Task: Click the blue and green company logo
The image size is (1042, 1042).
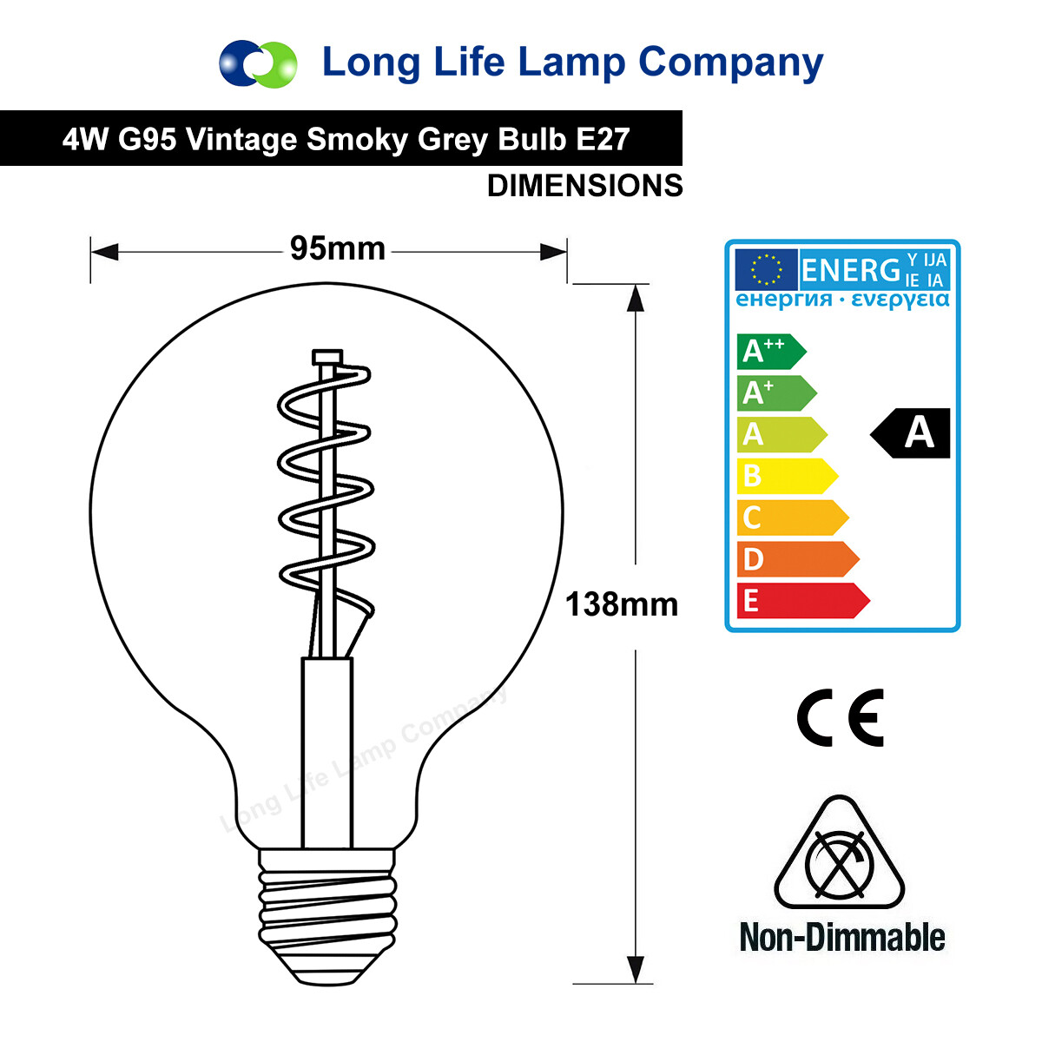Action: (x=258, y=63)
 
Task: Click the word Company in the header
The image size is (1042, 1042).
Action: (x=730, y=63)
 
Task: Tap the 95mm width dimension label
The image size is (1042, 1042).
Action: (x=338, y=249)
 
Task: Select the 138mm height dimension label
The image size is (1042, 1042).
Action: (x=622, y=604)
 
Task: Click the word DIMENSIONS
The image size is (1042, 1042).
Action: (x=584, y=186)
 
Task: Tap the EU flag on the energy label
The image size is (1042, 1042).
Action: (x=765, y=270)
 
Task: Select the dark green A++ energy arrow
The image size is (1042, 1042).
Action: (x=769, y=351)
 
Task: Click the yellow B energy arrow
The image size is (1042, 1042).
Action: (x=785, y=476)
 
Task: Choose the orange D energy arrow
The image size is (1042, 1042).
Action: (x=795, y=559)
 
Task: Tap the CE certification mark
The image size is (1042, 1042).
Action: (x=841, y=718)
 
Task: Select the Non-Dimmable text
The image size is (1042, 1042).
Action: (x=841, y=938)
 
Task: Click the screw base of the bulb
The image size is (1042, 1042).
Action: (x=328, y=912)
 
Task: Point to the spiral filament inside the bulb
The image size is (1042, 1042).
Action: (x=326, y=486)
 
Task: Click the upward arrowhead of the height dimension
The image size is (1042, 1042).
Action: (x=636, y=298)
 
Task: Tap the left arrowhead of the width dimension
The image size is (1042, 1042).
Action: (x=104, y=253)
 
